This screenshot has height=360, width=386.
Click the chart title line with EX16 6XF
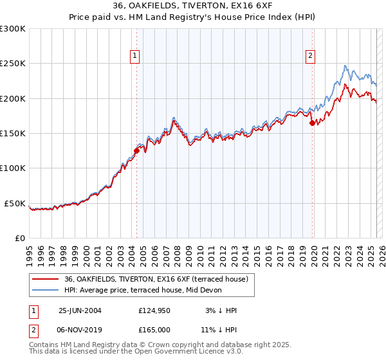coord(192,6)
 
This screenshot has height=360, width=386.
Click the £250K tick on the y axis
coord(13,64)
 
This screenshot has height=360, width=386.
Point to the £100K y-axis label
coord(13,168)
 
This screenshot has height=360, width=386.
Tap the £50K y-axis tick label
coord(15,203)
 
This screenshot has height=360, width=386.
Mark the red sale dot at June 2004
coord(136,151)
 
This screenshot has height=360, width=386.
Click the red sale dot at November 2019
coord(312,123)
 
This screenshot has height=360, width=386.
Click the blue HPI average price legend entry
coord(143,290)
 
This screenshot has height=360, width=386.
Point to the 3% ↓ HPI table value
coord(221,310)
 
